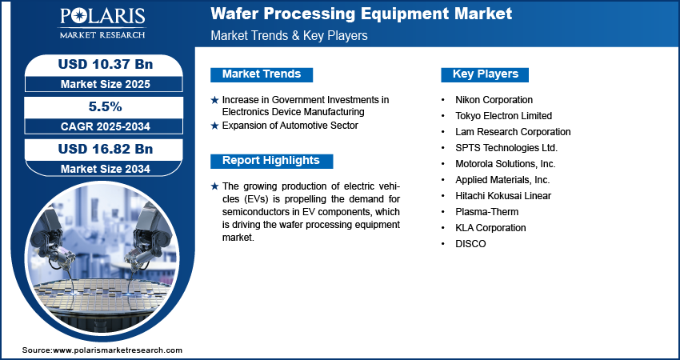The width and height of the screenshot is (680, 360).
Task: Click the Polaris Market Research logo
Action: (x=102, y=23)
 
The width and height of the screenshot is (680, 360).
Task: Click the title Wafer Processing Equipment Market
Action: (x=362, y=14)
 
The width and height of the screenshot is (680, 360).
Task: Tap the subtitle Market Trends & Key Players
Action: (x=289, y=35)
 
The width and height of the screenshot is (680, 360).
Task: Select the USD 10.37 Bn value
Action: (x=106, y=64)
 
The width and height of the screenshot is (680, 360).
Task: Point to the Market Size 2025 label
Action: (x=106, y=84)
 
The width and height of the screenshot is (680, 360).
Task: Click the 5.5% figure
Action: (x=106, y=106)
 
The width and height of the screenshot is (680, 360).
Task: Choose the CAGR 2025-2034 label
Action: (x=106, y=126)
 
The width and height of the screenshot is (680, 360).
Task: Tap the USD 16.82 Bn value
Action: (x=106, y=150)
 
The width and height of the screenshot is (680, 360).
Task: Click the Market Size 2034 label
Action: (x=106, y=169)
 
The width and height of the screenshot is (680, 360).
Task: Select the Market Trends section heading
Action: (x=262, y=74)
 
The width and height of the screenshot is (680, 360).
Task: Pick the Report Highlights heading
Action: (x=271, y=161)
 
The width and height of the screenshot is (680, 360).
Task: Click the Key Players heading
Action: (x=486, y=74)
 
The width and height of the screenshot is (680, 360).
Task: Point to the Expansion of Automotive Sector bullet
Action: (x=290, y=126)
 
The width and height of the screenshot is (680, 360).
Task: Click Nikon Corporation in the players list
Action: (x=494, y=100)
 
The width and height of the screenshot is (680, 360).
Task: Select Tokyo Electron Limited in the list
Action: (x=503, y=116)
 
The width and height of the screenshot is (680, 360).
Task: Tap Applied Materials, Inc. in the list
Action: (x=502, y=179)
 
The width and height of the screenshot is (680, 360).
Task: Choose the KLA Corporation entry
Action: (x=490, y=228)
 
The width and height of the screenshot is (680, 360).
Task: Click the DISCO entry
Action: (x=470, y=244)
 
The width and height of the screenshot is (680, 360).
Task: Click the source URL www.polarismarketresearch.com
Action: (x=118, y=350)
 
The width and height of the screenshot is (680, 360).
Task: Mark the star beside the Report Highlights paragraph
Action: (x=214, y=187)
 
